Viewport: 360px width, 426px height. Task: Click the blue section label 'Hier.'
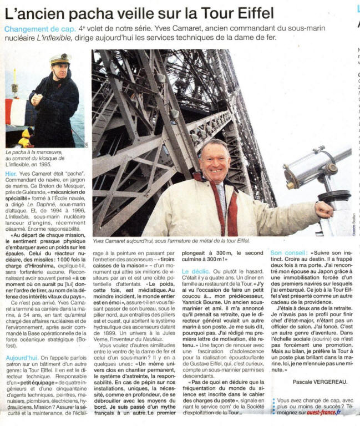(12, 174)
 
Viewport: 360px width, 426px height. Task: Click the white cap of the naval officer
(60, 58)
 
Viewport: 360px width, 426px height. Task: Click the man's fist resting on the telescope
(339, 210)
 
